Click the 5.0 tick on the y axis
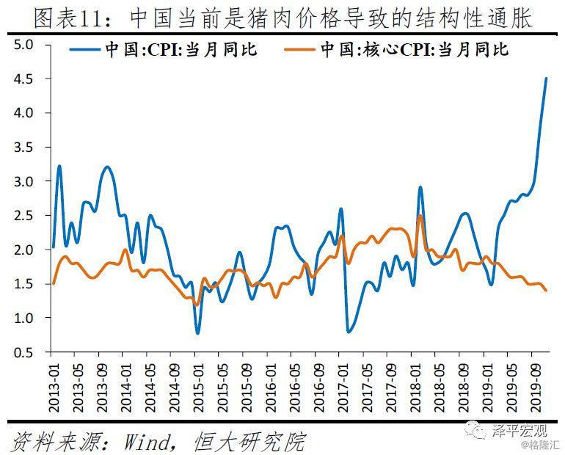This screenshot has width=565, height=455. [x=24, y=44]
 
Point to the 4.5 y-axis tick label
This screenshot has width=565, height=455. [x=24, y=79]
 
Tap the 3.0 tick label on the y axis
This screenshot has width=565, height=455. [x=24, y=181]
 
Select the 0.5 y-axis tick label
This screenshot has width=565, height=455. [x=24, y=352]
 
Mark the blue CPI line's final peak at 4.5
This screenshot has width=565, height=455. [x=546, y=79]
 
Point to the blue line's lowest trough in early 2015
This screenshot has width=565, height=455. [x=197, y=333]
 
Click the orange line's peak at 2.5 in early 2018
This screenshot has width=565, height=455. [x=420, y=215]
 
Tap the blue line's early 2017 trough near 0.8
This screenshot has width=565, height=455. [x=348, y=332]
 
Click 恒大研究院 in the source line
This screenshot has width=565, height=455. [x=249, y=442]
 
